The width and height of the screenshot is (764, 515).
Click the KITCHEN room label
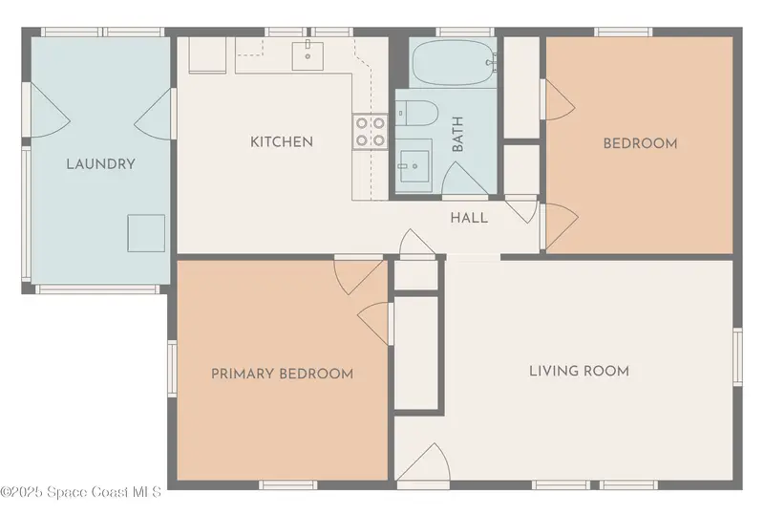click(x=282, y=142)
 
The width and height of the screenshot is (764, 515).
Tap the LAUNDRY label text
click(x=101, y=164)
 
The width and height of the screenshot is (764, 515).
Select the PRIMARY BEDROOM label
click(x=282, y=374)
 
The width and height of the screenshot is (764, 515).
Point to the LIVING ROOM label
click(x=580, y=371)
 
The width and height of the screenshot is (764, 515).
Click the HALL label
click(x=469, y=218)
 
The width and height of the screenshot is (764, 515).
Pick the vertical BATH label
click(x=457, y=134)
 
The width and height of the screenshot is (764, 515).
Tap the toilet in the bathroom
click(x=416, y=113)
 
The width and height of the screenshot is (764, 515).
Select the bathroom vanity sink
click(x=414, y=166)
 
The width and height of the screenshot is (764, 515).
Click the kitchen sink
click(x=308, y=56)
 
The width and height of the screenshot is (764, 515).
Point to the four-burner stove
click(x=371, y=132)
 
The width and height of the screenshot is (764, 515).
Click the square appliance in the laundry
click(x=146, y=233)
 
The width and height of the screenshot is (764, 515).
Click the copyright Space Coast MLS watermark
click(x=81, y=491)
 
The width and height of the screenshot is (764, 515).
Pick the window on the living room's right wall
click(x=737, y=357)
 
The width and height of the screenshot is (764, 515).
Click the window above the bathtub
click(x=465, y=32)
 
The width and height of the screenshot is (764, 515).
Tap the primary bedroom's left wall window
click(x=173, y=368)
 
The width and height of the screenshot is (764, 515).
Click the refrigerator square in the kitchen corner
click(x=207, y=55)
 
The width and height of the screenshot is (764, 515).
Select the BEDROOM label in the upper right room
click(x=640, y=144)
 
